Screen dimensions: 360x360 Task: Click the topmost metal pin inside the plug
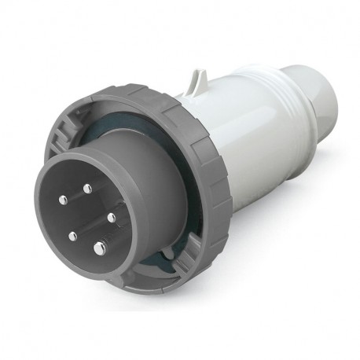pos(87,188)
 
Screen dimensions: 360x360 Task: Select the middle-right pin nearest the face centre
pos(111,216)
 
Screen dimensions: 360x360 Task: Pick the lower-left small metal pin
pos(72,235)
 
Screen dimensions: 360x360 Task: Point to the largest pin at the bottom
pos(99,249)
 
